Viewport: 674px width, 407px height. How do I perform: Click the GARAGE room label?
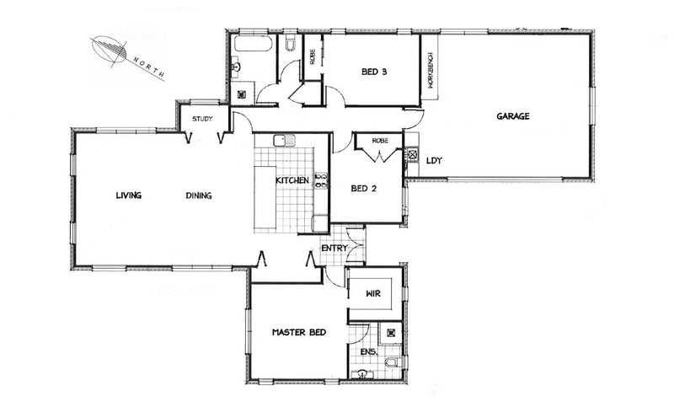pyautogui.click(x=512, y=116)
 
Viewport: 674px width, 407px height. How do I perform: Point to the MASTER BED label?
pyautogui.click(x=298, y=333)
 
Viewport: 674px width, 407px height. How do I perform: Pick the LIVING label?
pyautogui.click(x=129, y=196)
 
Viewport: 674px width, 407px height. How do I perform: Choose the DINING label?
pyautogui.click(x=198, y=196)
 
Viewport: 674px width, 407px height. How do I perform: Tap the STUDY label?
pyautogui.click(x=202, y=119)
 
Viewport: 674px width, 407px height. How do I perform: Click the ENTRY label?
pyautogui.click(x=334, y=248)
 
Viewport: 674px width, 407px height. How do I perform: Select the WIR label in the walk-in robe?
pyautogui.click(x=375, y=296)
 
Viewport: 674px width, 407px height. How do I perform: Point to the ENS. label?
pyautogui.click(x=367, y=351)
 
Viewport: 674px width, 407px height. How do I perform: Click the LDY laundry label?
pyautogui.click(x=435, y=160)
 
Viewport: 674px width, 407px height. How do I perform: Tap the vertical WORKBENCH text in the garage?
pyautogui.click(x=430, y=72)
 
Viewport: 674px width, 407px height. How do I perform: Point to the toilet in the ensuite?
pyautogui.click(x=391, y=362)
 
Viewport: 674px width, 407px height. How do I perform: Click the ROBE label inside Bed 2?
pyautogui.click(x=379, y=140)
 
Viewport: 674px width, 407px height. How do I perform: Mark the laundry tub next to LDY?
pyautogui.click(x=412, y=155)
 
